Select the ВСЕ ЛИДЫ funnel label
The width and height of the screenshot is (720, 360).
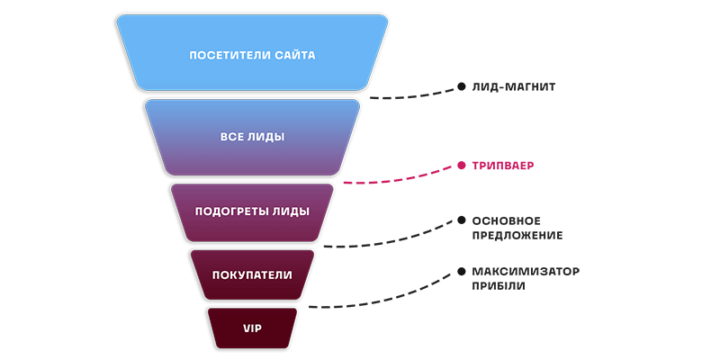[252, 138]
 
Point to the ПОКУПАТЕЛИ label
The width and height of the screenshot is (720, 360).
[252, 274]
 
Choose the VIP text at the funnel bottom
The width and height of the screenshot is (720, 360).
[252, 328]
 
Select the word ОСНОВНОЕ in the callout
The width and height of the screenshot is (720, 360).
[506, 220]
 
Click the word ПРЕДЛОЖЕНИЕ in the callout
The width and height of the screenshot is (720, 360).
[517, 236]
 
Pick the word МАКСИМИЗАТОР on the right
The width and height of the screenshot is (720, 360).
[526, 271]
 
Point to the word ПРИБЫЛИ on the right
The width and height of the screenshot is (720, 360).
[499, 286]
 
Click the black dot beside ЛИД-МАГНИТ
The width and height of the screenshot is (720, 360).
[461, 87]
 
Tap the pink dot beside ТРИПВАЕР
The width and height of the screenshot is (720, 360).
[461, 166]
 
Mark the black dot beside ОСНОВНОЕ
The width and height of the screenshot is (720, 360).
[461, 220]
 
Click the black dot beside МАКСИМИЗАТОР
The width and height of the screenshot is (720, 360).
[461, 271]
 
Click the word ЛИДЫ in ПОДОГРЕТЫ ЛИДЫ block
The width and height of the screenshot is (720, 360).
[291, 211]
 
